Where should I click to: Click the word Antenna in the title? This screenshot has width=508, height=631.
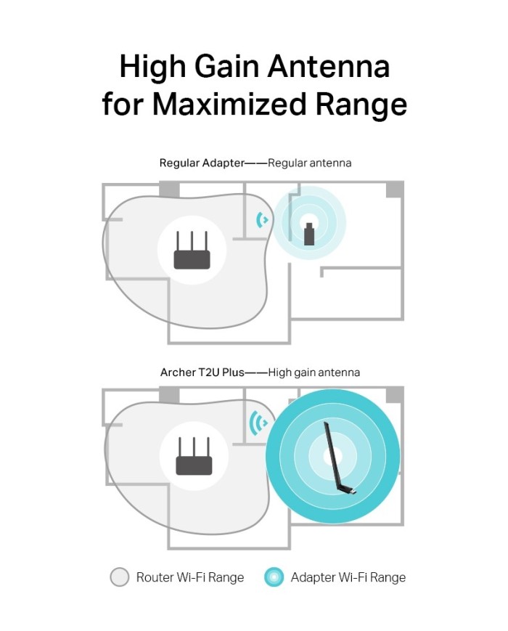click(x=329, y=66)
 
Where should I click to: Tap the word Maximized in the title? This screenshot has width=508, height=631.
click(x=229, y=104)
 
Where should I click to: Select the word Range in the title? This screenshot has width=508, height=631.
click(x=361, y=105)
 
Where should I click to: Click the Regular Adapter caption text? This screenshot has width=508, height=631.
click(x=202, y=163)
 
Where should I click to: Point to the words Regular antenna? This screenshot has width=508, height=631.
click(x=310, y=163)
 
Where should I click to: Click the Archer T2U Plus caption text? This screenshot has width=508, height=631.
click(x=202, y=373)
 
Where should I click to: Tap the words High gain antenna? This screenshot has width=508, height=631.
click(x=314, y=373)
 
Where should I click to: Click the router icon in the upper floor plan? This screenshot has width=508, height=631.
click(x=192, y=251)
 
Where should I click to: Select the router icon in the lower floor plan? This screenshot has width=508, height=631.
click(x=194, y=456)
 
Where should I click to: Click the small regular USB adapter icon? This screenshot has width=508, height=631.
click(x=309, y=234)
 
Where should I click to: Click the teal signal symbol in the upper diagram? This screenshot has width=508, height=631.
click(x=262, y=220)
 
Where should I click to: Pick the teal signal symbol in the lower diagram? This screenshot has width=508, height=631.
click(x=258, y=423)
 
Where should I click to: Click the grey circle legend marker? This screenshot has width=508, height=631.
click(x=120, y=577)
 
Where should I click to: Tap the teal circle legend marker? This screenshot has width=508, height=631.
click(x=274, y=577)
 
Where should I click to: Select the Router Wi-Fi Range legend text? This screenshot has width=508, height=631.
click(x=190, y=577)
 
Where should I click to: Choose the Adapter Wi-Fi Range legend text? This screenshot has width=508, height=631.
click(x=348, y=577)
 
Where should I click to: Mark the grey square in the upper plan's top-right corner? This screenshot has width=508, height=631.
click(x=395, y=189)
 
